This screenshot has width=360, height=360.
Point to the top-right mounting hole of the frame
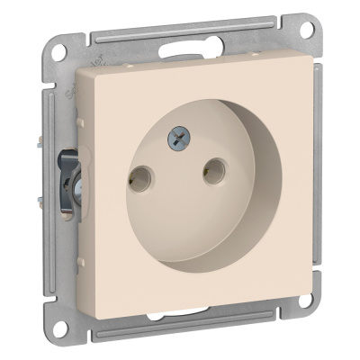point(307,29)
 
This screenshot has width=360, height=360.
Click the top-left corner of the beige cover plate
point(77,68)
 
